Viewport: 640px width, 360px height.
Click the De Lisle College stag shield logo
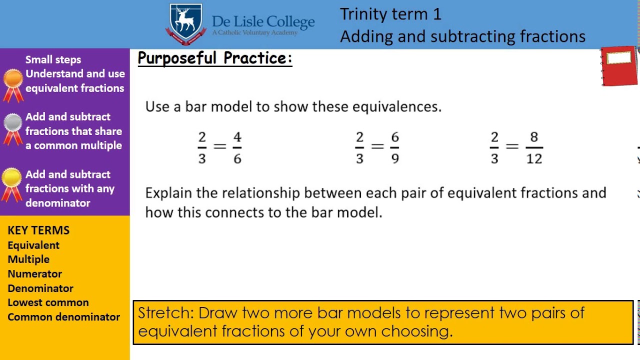click(x=186, y=24)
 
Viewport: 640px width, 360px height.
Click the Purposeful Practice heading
click(x=214, y=58)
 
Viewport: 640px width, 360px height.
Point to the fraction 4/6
click(x=237, y=147)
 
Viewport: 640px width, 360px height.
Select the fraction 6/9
click(x=395, y=147)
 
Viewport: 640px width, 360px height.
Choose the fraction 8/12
click(x=534, y=147)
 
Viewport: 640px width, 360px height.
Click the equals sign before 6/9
click(x=377, y=146)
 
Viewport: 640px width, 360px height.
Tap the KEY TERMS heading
click(x=38, y=230)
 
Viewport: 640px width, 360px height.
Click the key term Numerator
click(x=34, y=274)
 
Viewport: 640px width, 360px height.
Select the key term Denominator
click(x=40, y=288)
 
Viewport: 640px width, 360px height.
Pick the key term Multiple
click(x=28, y=259)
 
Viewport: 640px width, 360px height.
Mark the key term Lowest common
click(x=48, y=302)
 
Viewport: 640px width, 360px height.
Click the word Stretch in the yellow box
click(x=165, y=313)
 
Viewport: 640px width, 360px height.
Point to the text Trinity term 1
click(x=390, y=14)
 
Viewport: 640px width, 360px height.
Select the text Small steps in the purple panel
click(x=53, y=59)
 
